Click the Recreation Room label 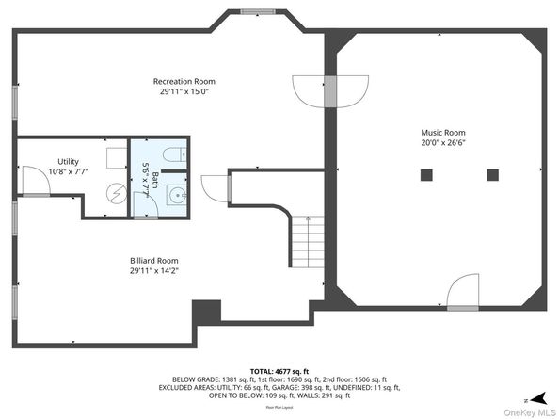[x=185, y=81]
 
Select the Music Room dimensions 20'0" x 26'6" [x=443, y=144]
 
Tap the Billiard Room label [x=154, y=260]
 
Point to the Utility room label [x=68, y=161]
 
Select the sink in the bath [x=176, y=196]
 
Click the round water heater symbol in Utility [x=115, y=192]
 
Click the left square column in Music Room [x=426, y=173]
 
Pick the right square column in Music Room [x=492, y=173]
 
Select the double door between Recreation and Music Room [x=329, y=89]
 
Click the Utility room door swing [x=36, y=181]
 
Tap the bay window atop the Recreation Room [x=251, y=12]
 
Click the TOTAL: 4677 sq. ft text [x=279, y=371]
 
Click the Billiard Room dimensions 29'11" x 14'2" [x=154, y=270]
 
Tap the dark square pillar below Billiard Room [x=205, y=313]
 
